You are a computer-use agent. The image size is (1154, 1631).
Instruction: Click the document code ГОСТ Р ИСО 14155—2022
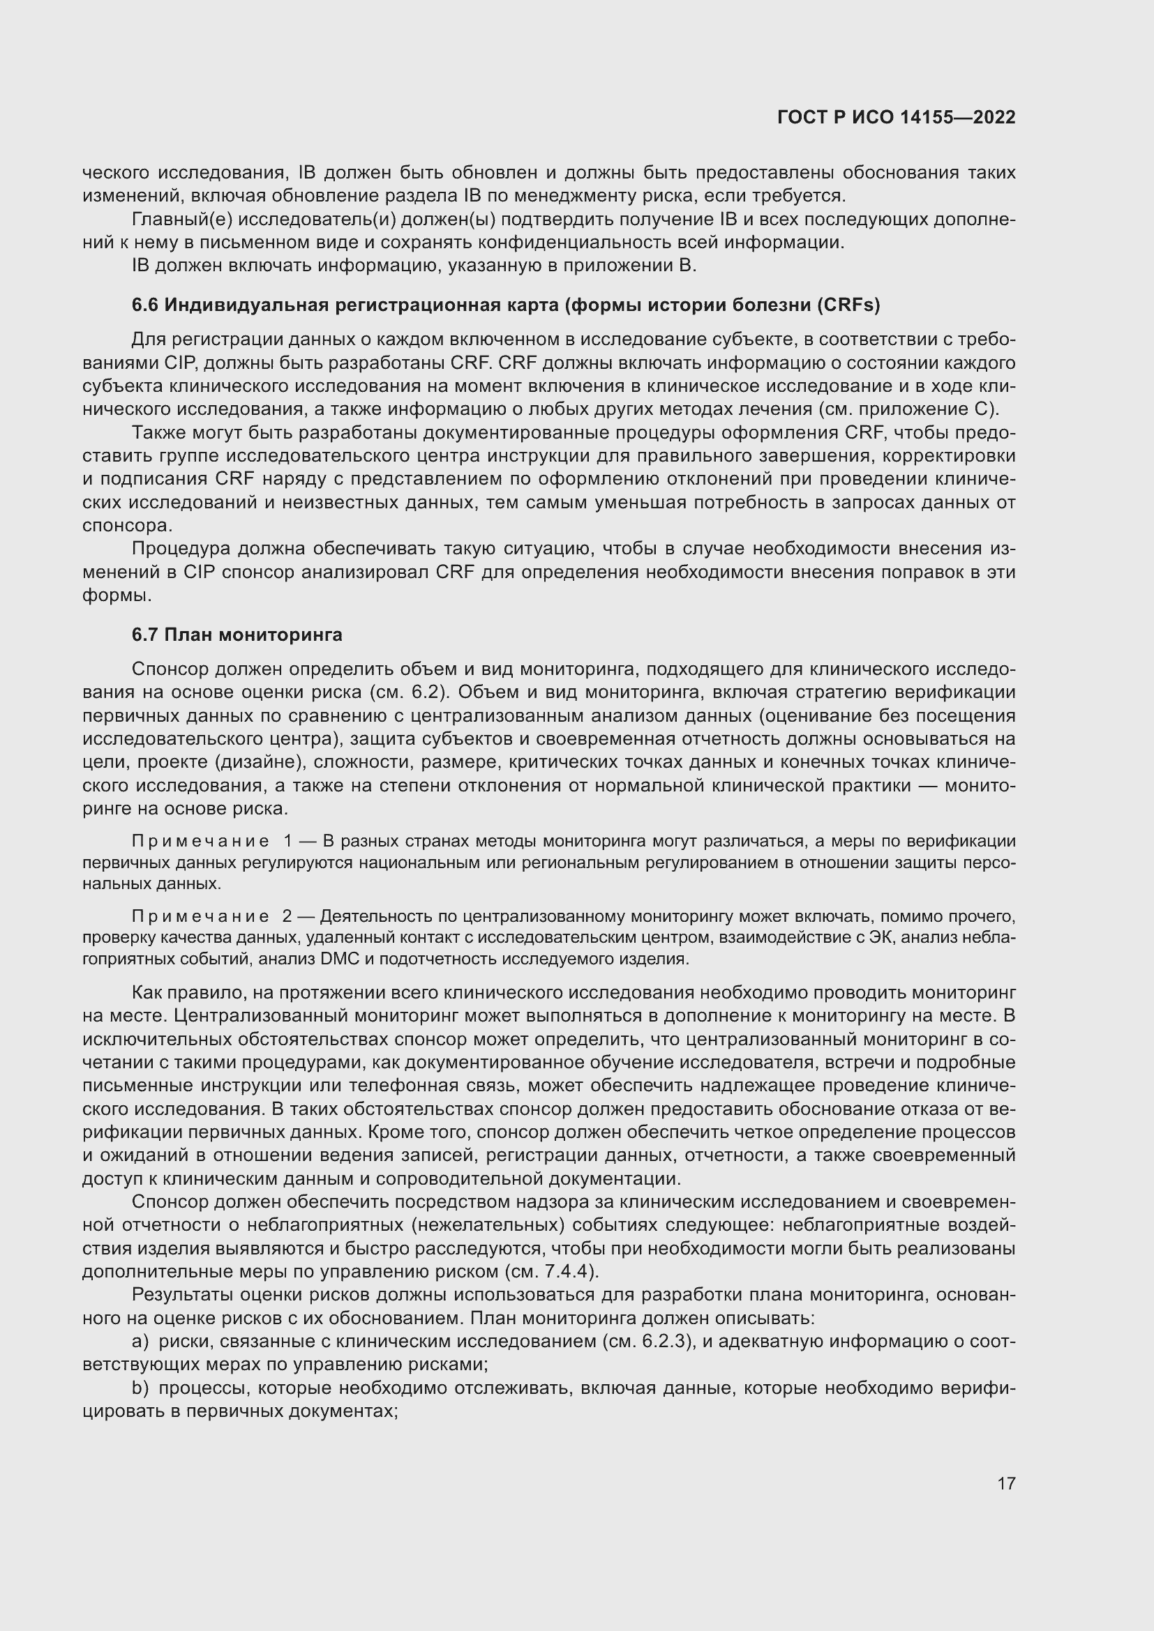896,117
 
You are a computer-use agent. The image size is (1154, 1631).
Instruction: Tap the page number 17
1006,1483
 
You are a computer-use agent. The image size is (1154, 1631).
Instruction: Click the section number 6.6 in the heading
144,305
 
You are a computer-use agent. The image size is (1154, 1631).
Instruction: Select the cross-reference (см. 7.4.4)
550,1271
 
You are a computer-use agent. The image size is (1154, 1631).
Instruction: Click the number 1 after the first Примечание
287,841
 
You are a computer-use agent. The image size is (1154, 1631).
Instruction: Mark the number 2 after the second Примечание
287,916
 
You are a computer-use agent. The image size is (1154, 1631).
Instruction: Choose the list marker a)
140,1341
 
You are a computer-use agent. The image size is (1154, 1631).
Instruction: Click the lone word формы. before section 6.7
117,595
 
